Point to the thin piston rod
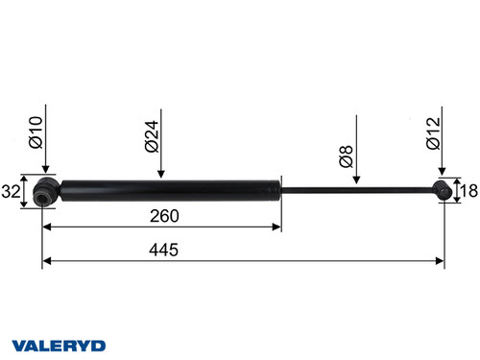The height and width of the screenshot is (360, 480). (355, 189)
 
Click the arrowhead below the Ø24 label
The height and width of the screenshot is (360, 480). (161, 174)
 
